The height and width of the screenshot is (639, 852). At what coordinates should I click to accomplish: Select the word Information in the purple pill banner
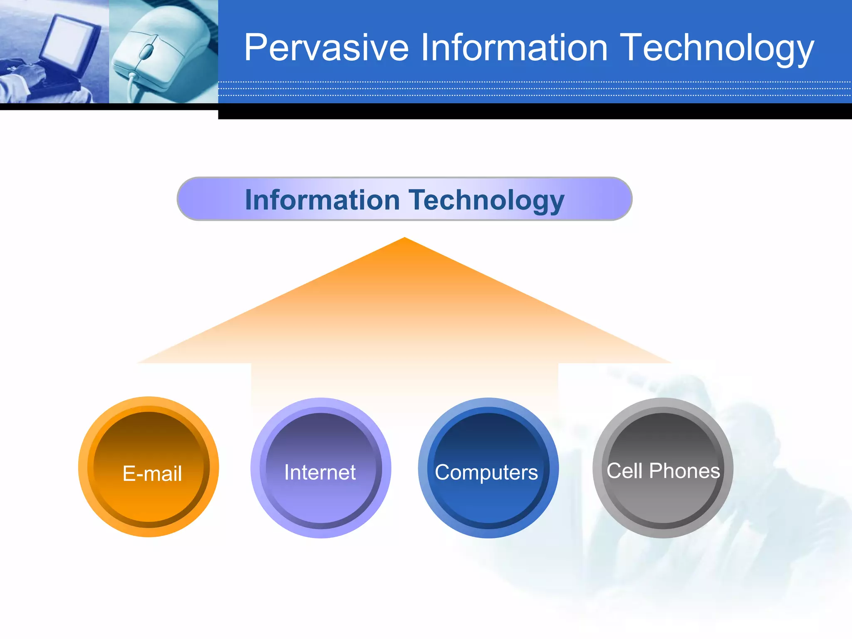pos(322,200)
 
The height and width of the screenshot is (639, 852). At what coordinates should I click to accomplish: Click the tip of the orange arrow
pos(404,239)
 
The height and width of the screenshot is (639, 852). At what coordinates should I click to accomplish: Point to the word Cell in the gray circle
pos(624,471)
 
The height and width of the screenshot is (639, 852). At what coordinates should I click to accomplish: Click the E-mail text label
pos(152,473)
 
